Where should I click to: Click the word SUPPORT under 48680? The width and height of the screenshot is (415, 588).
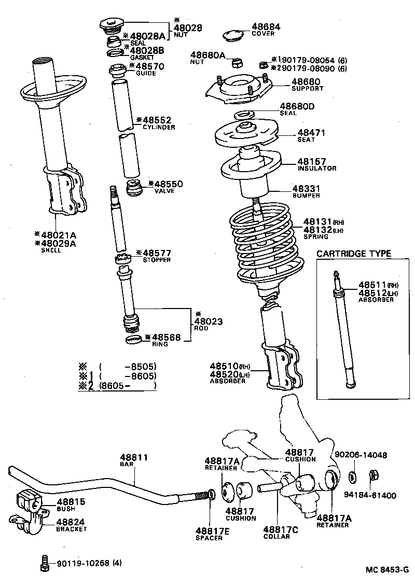[307, 89]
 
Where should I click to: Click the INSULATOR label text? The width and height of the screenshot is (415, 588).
[317, 169]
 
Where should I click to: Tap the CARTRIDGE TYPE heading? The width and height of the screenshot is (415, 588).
[354, 254]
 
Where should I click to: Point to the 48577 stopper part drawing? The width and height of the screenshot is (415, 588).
[122, 258]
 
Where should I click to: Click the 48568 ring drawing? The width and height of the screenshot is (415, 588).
[133, 340]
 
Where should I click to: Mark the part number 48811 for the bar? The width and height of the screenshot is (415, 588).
[134, 457]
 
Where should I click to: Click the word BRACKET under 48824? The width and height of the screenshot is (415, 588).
[72, 529]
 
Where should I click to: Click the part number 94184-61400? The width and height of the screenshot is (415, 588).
[370, 495]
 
